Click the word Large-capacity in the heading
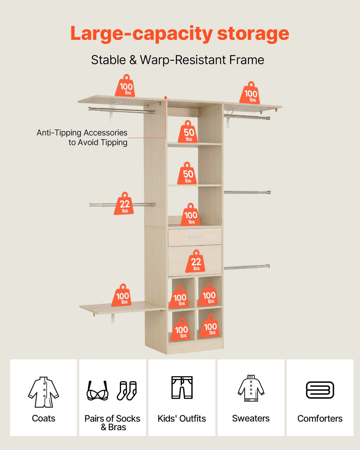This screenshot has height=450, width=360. coord(142,34)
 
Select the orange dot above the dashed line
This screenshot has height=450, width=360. coord(166,98)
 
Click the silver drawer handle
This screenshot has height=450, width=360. coord(195,237)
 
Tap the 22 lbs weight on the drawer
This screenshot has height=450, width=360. coord(195,261)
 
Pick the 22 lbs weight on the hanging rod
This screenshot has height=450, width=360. coord(124,204)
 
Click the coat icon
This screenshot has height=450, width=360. coord(44,392)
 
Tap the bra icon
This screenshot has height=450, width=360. coord(97,391)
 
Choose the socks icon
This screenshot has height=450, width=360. coord(127,391)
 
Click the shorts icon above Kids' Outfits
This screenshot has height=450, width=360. coord(182,387)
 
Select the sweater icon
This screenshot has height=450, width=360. coord(251,388)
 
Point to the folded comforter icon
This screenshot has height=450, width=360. coord(320,390)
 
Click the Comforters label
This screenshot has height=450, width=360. coord(320,419)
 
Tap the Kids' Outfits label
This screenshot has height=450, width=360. coord(182,419)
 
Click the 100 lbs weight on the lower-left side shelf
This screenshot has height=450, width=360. coord(121,295)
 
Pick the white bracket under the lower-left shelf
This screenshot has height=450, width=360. coord(113,318)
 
